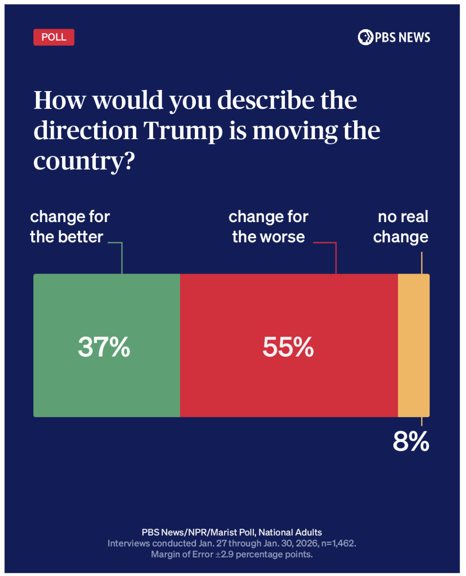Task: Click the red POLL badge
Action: click(x=54, y=37)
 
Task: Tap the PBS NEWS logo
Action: click(x=394, y=37)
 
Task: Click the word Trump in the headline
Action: click(x=183, y=131)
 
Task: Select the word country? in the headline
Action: click(x=84, y=161)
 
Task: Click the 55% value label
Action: click(x=288, y=347)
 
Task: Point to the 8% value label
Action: click(x=410, y=441)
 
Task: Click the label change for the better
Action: click(x=70, y=227)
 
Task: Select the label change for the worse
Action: click(x=268, y=227)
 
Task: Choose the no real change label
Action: click(x=401, y=227)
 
